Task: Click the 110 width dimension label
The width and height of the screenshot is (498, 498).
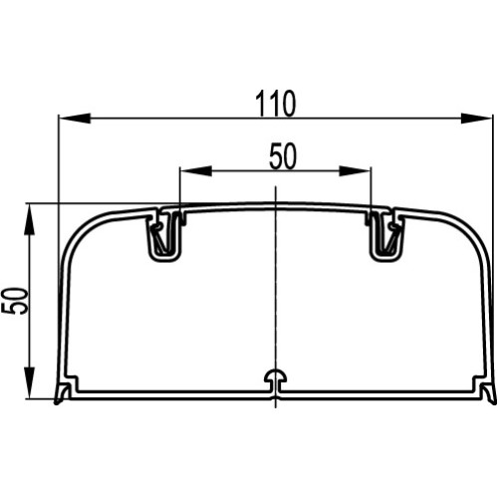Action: pyautogui.click(x=275, y=104)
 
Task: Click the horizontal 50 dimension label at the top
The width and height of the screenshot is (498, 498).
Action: pyautogui.click(x=282, y=156)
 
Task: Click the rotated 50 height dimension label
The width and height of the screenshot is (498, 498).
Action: pyautogui.click(x=14, y=301)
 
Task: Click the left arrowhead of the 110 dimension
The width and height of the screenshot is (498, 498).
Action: pyautogui.click(x=75, y=119)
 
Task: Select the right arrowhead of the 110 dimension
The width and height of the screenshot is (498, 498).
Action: pyautogui.click(x=476, y=119)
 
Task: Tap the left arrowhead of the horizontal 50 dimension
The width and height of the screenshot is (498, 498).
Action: pyautogui.click(x=195, y=170)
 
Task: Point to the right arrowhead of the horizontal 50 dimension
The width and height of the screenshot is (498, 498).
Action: pyautogui.click(x=355, y=170)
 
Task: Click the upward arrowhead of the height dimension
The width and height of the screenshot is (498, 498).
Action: pyautogui.click(x=30, y=220)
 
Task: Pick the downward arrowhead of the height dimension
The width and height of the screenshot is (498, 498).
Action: pyautogui.click(x=30, y=382)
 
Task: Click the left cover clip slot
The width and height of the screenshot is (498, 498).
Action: pyautogui.click(x=165, y=234)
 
